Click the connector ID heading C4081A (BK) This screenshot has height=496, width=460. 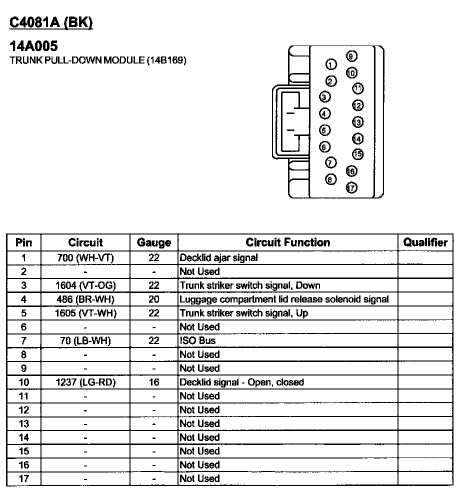(x=51, y=23)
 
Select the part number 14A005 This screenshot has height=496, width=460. (x=34, y=46)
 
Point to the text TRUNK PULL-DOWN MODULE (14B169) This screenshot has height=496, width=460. (x=98, y=60)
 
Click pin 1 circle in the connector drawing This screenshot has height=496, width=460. (x=330, y=64)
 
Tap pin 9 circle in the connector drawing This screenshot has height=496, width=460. (x=351, y=56)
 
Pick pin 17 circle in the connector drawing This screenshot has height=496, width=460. (x=351, y=188)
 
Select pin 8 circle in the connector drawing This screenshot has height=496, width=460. (x=330, y=179)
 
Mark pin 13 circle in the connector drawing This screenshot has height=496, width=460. (x=357, y=122)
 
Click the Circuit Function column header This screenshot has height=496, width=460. (x=287, y=242)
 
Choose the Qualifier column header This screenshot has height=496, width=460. (x=425, y=242)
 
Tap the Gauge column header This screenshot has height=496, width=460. (x=153, y=243)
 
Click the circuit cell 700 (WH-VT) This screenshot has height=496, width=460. (x=85, y=258)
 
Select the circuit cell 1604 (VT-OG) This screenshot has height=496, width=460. (x=85, y=285)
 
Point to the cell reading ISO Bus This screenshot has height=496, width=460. (x=197, y=340)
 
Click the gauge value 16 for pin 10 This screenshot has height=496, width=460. (x=153, y=382)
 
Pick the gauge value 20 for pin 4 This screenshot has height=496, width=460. (x=153, y=299)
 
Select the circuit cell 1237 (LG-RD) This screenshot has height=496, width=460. (x=85, y=382)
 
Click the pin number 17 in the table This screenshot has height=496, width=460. (x=23, y=478)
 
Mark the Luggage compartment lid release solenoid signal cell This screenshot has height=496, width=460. (x=284, y=299)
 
